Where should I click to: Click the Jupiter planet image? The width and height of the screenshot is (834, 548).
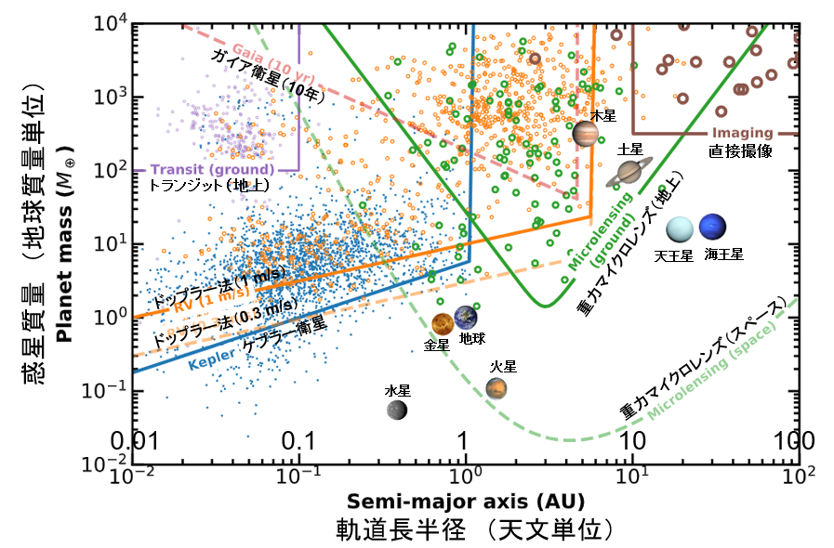point(586,135)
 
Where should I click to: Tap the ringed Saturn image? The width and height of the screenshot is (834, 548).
point(631,172)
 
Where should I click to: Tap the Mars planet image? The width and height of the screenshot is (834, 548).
point(496,388)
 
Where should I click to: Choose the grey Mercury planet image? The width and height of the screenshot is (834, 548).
point(398,409)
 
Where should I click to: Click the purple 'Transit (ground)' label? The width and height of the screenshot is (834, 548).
point(212,169)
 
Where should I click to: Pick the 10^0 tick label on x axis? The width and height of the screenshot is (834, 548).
point(466,477)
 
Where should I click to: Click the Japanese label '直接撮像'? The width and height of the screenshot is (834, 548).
point(741,149)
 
